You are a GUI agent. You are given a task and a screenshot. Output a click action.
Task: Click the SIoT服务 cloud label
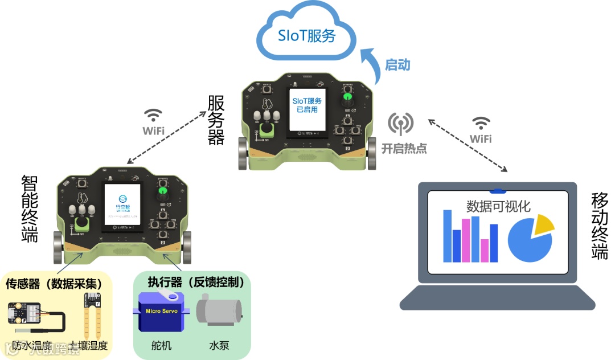pos(306,36)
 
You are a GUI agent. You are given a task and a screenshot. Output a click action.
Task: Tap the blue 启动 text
pos(397,65)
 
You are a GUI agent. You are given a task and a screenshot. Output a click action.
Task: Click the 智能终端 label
pos(30,208)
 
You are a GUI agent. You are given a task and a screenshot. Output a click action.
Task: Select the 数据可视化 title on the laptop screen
pos(498,206)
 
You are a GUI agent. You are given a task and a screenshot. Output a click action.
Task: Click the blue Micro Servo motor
pos(162,313)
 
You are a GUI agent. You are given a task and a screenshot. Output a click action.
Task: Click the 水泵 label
pos(219,345)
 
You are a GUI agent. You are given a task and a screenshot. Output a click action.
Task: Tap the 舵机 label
pos(161,345)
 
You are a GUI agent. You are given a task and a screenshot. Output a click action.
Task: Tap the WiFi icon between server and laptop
pos(481,124)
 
